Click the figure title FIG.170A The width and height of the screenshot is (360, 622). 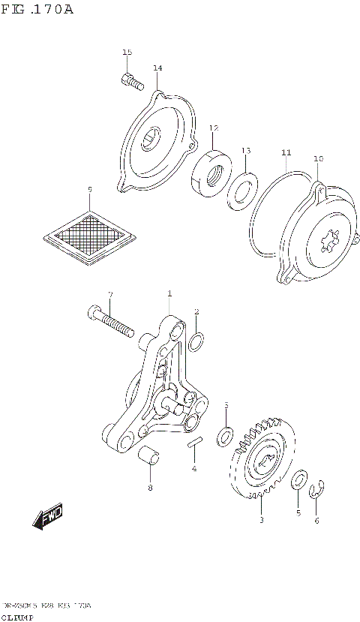[x=37, y=10]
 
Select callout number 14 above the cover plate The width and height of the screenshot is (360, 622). [x=157, y=68]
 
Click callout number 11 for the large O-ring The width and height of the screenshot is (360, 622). [x=286, y=153]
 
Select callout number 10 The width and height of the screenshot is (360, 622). [x=318, y=159]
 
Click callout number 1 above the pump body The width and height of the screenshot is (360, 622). [x=169, y=293]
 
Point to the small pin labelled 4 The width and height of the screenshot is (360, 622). [x=194, y=444]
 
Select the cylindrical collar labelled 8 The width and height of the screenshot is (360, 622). [x=150, y=457]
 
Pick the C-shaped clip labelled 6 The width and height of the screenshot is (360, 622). [x=316, y=491]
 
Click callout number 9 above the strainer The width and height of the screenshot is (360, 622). [x=89, y=190]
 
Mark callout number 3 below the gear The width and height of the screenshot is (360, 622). [x=261, y=520]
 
